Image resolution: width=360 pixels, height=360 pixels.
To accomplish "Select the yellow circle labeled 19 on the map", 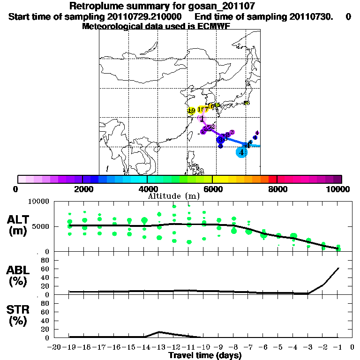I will (191, 111).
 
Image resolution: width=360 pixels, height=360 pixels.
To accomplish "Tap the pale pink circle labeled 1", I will (202, 118).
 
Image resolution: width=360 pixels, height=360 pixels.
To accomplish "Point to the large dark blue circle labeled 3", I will (221, 139).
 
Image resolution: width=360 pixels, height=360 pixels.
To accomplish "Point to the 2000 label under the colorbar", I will (82, 189).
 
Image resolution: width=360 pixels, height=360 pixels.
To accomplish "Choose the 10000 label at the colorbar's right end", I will (338, 189).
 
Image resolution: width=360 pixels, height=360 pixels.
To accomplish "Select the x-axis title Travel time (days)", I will (205, 356).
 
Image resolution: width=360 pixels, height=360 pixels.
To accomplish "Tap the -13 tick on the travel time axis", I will (159, 347).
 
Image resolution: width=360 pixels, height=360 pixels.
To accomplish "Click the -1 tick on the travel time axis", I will (338, 347).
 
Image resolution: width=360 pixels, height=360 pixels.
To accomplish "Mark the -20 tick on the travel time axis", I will (55, 347).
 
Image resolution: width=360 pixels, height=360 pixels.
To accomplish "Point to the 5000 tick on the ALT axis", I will (43, 226).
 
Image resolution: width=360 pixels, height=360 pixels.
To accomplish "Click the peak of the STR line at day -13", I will (159, 332).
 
